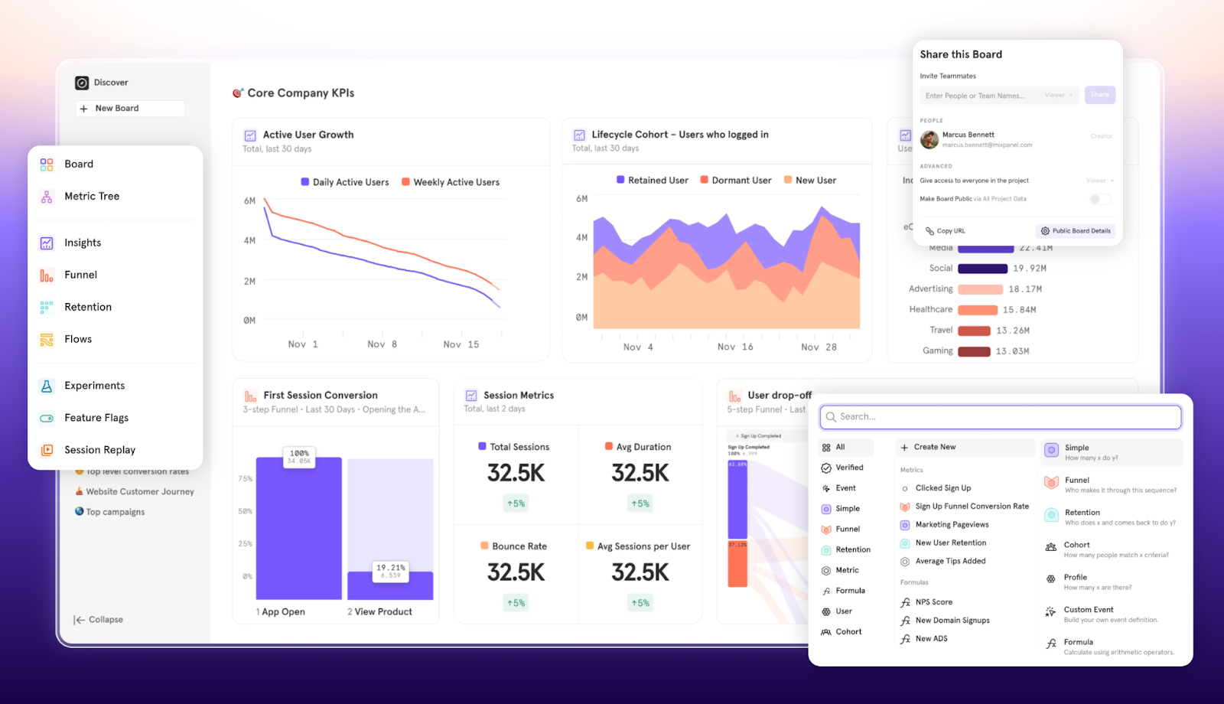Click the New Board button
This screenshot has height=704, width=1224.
(129, 109)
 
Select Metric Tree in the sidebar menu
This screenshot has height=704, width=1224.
(92, 197)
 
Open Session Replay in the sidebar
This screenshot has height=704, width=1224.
(99, 450)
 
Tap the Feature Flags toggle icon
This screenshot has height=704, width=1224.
(47, 418)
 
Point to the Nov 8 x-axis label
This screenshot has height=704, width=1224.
(382, 344)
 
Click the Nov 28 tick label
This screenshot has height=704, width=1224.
(819, 347)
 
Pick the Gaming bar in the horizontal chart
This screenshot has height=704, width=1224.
(974, 351)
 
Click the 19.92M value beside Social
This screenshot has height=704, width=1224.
(1029, 269)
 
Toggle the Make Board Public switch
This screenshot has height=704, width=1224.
(1100, 199)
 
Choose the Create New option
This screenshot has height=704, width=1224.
(934, 448)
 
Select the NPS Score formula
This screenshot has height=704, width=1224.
(933, 602)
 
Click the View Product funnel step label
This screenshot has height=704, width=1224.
(382, 612)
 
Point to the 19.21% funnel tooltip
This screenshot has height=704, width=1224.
(390, 571)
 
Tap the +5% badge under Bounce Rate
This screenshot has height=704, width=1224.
(516, 604)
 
